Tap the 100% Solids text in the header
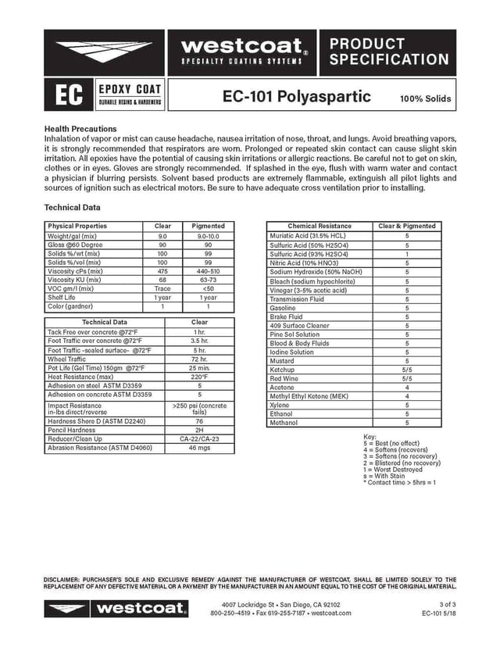[425, 99]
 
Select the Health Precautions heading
[80, 128]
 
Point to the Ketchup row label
[282, 370]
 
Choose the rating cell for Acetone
[406, 388]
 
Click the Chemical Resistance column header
[320, 226]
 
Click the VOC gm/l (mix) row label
[70, 288]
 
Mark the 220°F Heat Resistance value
[199, 377]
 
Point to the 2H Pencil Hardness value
[199, 430]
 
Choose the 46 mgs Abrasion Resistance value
[199, 449]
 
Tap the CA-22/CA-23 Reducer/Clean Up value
[199, 439]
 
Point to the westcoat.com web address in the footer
[331, 613]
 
